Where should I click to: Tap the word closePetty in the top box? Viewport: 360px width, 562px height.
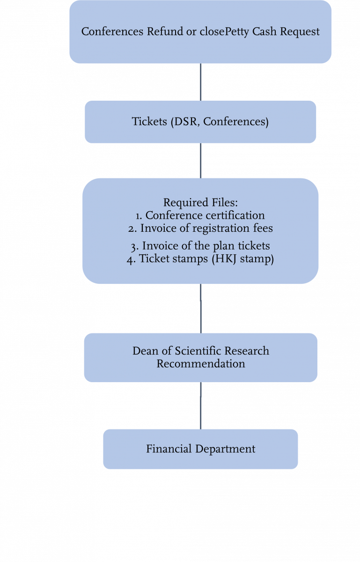[215, 32]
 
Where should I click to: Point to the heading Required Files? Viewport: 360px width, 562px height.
[200, 203]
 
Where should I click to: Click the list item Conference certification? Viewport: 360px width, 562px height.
[205, 215]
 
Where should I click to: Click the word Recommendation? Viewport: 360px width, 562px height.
[200, 363]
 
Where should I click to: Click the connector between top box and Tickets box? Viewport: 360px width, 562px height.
[201, 82]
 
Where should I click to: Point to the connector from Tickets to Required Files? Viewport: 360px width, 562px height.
[201, 160]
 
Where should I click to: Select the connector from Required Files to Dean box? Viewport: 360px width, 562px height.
[201, 308]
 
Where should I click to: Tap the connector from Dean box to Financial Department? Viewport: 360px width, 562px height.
[201, 405]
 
